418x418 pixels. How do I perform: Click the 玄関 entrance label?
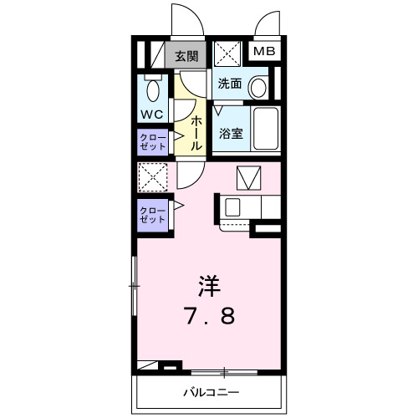tap(186, 57)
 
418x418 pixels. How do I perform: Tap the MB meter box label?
tap(265, 53)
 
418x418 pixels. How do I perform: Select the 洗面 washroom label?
tap(230, 84)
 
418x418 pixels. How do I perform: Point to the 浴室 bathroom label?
tap(231, 131)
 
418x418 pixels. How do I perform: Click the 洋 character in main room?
tap(209, 285)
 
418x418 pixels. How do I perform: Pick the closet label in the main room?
tap(152, 214)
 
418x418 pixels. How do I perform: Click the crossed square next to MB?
tap(227, 54)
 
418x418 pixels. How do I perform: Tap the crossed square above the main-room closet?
tap(152, 177)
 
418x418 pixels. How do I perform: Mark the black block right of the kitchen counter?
tap(267, 227)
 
